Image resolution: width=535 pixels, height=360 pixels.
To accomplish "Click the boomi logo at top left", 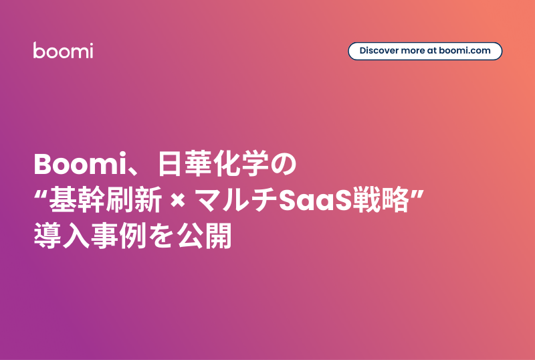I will click(63, 50).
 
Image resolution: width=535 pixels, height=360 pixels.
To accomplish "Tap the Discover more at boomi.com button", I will click(425, 51).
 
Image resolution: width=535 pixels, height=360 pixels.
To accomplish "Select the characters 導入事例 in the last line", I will click(87, 238).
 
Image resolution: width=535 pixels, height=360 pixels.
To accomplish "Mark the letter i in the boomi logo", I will click(90, 50).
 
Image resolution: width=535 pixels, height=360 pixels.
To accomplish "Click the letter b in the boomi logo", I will click(38, 50).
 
